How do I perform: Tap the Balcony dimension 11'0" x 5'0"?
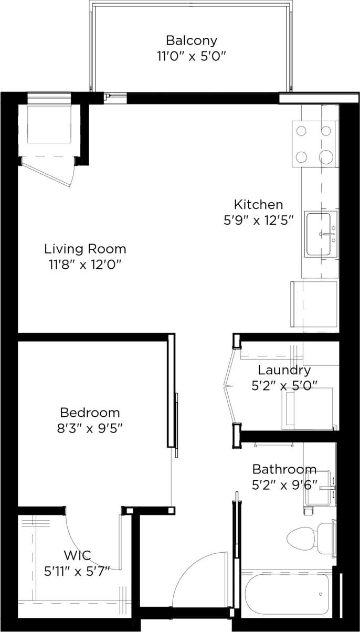tap(191, 56)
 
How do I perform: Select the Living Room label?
tap(85, 248)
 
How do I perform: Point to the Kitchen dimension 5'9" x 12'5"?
tap(258, 220)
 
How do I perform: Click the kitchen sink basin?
tap(319, 234)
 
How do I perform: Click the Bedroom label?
tap(90, 412)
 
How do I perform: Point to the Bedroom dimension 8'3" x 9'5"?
tap(90, 428)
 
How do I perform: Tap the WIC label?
tap(77, 555)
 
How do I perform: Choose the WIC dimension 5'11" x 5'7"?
tap(77, 571)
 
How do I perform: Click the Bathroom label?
tap(284, 469)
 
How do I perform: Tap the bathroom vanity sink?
tap(319, 487)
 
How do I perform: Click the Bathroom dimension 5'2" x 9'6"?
tap(284, 484)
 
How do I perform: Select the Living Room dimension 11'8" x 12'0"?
tap(85, 264)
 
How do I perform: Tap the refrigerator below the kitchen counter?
tap(314, 304)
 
